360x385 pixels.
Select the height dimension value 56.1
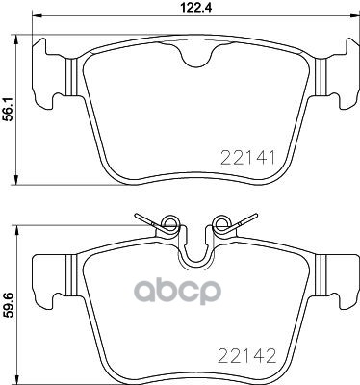[x=8, y=109]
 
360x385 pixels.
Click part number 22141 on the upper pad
[x=247, y=158]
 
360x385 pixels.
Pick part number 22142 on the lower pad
[x=246, y=355]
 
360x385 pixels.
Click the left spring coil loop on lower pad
[x=169, y=222]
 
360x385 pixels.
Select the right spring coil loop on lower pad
[x=222, y=222]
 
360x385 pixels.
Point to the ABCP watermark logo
[x=177, y=292]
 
